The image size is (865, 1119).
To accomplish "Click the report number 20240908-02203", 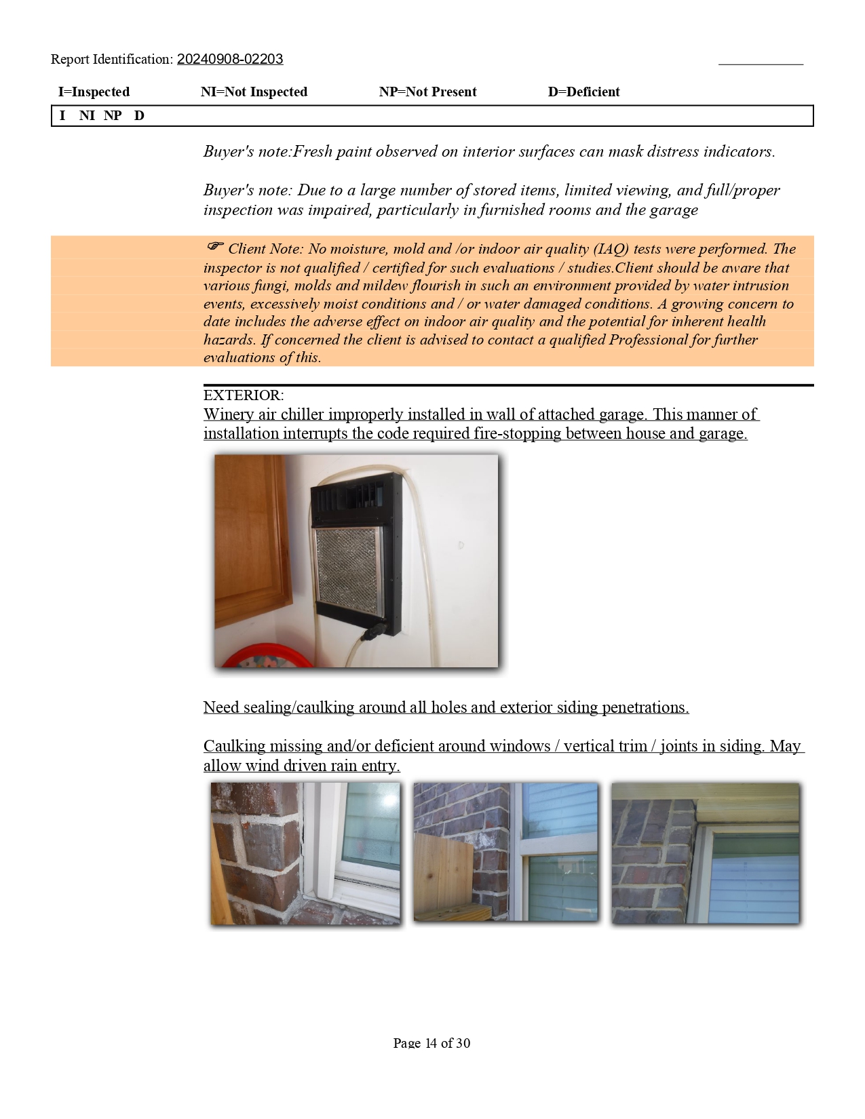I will click(x=230, y=60).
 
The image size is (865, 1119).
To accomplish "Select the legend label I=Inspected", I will click(x=94, y=92).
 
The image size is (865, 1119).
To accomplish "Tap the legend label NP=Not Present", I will click(x=427, y=92).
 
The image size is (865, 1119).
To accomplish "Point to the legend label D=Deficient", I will click(x=583, y=92).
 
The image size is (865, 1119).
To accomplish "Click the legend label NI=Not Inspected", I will click(x=254, y=92).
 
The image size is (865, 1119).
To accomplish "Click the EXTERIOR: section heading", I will click(x=244, y=395).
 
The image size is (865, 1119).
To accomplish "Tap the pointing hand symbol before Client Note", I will click(x=215, y=246).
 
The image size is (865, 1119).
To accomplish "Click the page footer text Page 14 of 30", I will click(x=431, y=1043).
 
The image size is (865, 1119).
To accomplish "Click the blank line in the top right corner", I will click(x=761, y=63).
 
